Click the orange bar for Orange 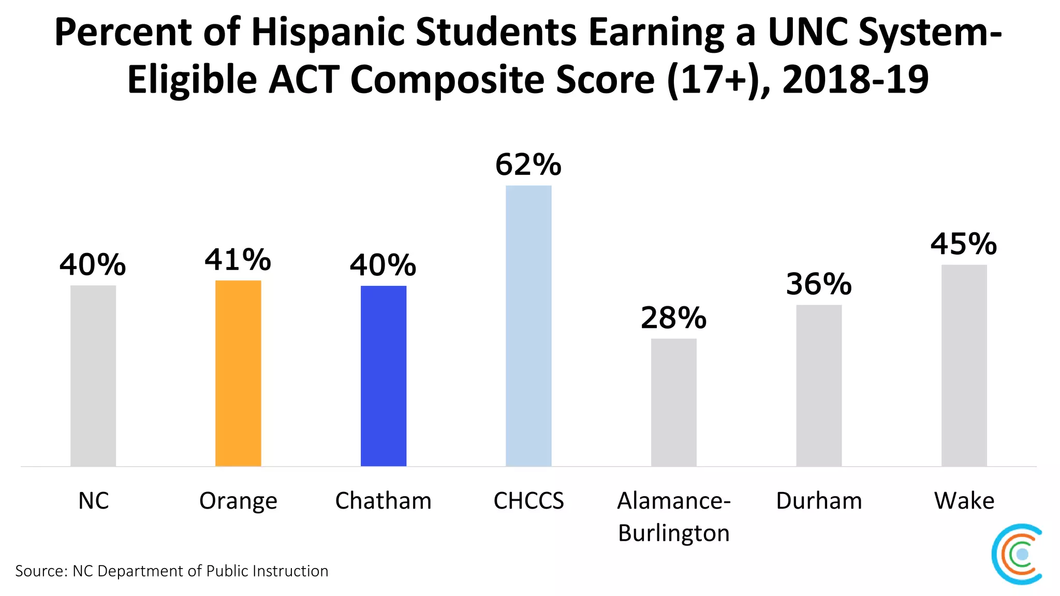238,373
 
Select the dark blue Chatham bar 384,376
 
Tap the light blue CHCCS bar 528,326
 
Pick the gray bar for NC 93,376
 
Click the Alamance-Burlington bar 673,402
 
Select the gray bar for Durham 819,385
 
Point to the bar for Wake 964,365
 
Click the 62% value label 528,165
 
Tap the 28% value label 673,318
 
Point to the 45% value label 964,244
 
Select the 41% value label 238,260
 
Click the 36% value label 819,285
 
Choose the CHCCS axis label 528,501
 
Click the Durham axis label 819,501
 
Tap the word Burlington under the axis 673,533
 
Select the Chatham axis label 383,501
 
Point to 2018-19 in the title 855,80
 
